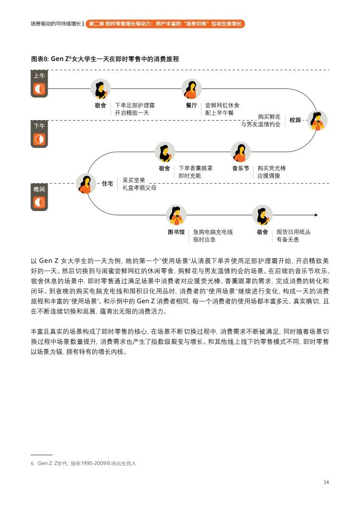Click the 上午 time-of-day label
pyautogui.click(x=39, y=75)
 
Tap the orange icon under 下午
pyautogui.click(x=39, y=139)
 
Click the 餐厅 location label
pyautogui.click(x=192, y=105)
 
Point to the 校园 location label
pyautogui.click(x=295, y=120)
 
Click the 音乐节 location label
pyautogui.click(x=240, y=168)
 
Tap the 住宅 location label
pyautogui.click(x=108, y=184)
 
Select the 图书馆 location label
pyautogui.click(x=176, y=232)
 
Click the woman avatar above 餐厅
pyautogui.click(x=192, y=88)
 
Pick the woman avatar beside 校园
pyautogui.click(x=317, y=120)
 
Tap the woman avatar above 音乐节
pyautogui.click(x=240, y=152)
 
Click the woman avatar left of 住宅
pyautogui.click(x=86, y=184)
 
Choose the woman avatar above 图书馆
pyautogui.click(x=176, y=215)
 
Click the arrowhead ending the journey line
pyautogui.click(x=316, y=215)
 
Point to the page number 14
pyautogui.click(x=326, y=482)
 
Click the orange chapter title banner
pyautogui.click(x=165, y=24)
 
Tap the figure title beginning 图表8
pyautogui.click(x=105, y=59)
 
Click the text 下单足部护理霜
pyautogui.click(x=135, y=105)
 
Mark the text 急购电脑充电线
pyautogui.click(x=213, y=232)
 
